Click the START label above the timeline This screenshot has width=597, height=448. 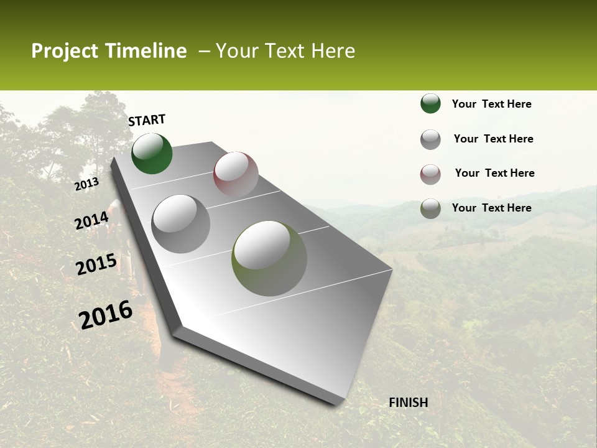[x=147, y=120]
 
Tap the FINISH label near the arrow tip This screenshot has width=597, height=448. [x=408, y=403]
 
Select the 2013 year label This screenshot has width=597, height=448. [x=86, y=184]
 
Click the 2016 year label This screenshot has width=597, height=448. [x=106, y=315]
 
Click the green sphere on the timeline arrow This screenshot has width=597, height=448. [x=152, y=154]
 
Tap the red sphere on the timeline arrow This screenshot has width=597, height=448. [x=236, y=174]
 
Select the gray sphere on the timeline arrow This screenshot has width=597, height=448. [x=181, y=223]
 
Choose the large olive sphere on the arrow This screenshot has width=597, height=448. [x=269, y=258]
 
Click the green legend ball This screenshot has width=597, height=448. [x=430, y=103]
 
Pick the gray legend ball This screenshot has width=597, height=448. [x=430, y=139]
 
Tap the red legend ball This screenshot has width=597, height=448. [x=430, y=174]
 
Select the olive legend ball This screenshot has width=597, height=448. [x=430, y=208]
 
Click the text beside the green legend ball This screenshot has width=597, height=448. [x=491, y=104]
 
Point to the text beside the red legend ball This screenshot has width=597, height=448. [x=494, y=173]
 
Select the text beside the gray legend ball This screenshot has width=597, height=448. [x=493, y=139]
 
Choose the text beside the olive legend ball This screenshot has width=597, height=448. [x=491, y=208]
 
